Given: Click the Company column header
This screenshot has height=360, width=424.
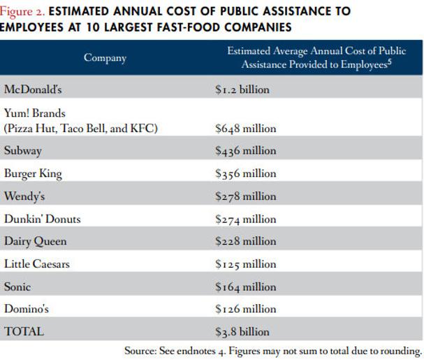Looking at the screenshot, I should click(x=105, y=58).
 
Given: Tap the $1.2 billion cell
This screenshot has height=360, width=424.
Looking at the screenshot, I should click(x=242, y=89).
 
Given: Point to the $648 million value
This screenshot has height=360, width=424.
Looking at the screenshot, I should click(x=245, y=129).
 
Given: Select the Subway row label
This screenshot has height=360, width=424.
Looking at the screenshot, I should click(x=23, y=150).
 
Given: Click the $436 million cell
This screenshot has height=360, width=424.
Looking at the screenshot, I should click(x=245, y=150).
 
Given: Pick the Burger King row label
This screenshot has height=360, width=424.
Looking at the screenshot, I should click(x=33, y=173).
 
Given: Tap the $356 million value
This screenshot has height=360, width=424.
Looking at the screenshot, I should click(x=245, y=173).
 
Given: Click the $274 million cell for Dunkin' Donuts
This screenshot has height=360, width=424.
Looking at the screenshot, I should click(x=245, y=219).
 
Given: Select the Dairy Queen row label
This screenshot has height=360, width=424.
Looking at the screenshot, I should click(x=36, y=241).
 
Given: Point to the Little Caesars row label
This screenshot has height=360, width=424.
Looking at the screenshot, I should click(x=37, y=264).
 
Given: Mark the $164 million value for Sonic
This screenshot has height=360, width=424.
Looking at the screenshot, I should click(x=245, y=287).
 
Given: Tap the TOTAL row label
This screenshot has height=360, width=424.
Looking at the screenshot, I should click(x=23, y=331).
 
